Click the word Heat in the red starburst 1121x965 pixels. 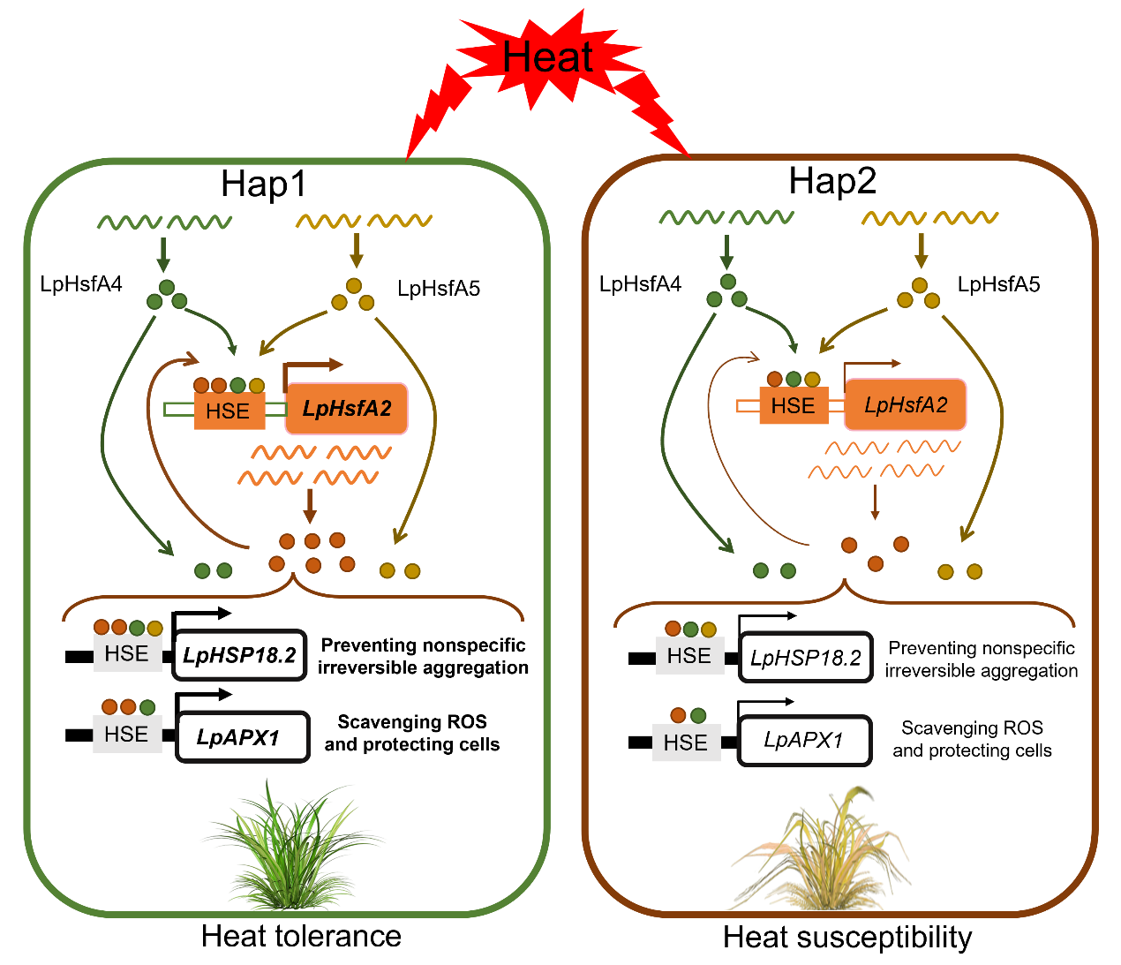547,57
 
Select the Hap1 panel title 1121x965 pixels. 264,184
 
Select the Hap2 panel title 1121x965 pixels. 832,180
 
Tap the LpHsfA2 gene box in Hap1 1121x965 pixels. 347,409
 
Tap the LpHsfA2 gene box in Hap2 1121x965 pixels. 906,405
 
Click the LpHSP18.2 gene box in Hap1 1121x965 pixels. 239,655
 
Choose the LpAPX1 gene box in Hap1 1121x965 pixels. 243,736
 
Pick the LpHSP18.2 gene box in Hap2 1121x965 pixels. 805,658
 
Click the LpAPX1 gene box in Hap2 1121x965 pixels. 804,740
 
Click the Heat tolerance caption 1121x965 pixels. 301,936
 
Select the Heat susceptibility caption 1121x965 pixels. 847,937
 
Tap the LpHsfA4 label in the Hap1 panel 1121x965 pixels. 81,283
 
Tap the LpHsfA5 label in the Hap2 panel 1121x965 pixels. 998,284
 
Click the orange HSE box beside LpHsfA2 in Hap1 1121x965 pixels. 229,411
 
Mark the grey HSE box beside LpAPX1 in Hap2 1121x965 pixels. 686,743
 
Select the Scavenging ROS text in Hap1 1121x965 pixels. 412,733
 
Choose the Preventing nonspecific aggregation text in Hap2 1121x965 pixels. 982,660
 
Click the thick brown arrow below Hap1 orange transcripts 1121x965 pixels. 309,506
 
